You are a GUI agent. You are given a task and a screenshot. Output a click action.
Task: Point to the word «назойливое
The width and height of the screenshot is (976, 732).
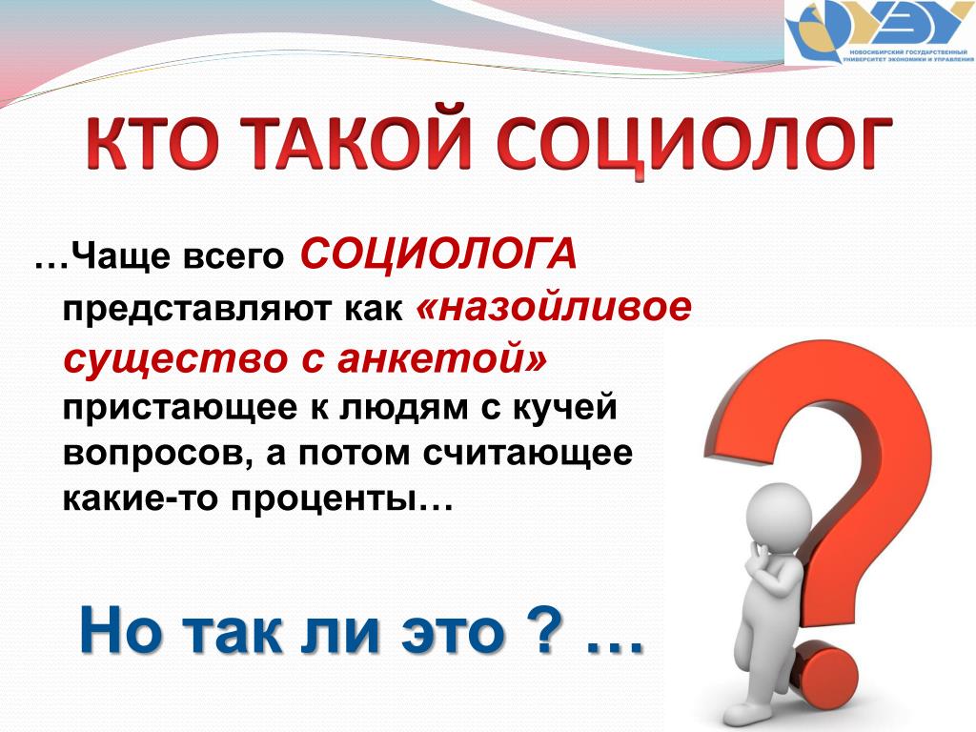click(554, 307)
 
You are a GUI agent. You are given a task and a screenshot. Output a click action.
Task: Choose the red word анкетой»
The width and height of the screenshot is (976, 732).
click(442, 358)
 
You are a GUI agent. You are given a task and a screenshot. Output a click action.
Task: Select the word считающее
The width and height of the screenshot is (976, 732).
click(528, 455)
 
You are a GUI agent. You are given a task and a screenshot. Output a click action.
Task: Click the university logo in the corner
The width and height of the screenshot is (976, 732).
click(880, 32)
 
